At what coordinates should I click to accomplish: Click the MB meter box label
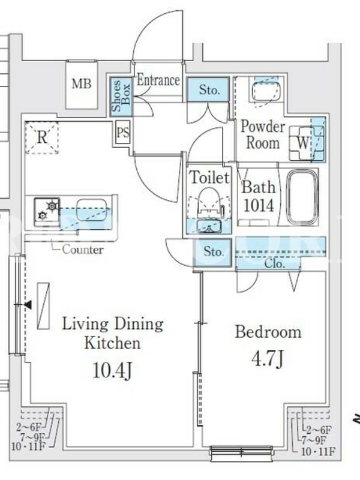[82, 84]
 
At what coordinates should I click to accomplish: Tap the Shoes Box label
[121, 96]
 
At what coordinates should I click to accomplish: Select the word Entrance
[158, 80]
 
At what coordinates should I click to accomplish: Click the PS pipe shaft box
[123, 133]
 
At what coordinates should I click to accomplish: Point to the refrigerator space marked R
[41, 138]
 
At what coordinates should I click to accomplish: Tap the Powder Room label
[262, 135]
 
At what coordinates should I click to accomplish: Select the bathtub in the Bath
[303, 197]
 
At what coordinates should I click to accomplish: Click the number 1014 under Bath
[259, 205]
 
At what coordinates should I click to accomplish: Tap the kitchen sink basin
[91, 209]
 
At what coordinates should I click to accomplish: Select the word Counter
[83, 250]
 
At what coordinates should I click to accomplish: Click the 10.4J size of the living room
[112, 370]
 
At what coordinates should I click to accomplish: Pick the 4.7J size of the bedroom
[268, 359]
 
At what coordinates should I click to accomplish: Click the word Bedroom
[268, 332]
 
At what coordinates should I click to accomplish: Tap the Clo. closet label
[275, 263]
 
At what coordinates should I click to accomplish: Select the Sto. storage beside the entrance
[208, 89]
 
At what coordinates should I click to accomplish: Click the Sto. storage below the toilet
[213, 252]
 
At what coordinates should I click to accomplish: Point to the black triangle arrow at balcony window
[28, 305]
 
